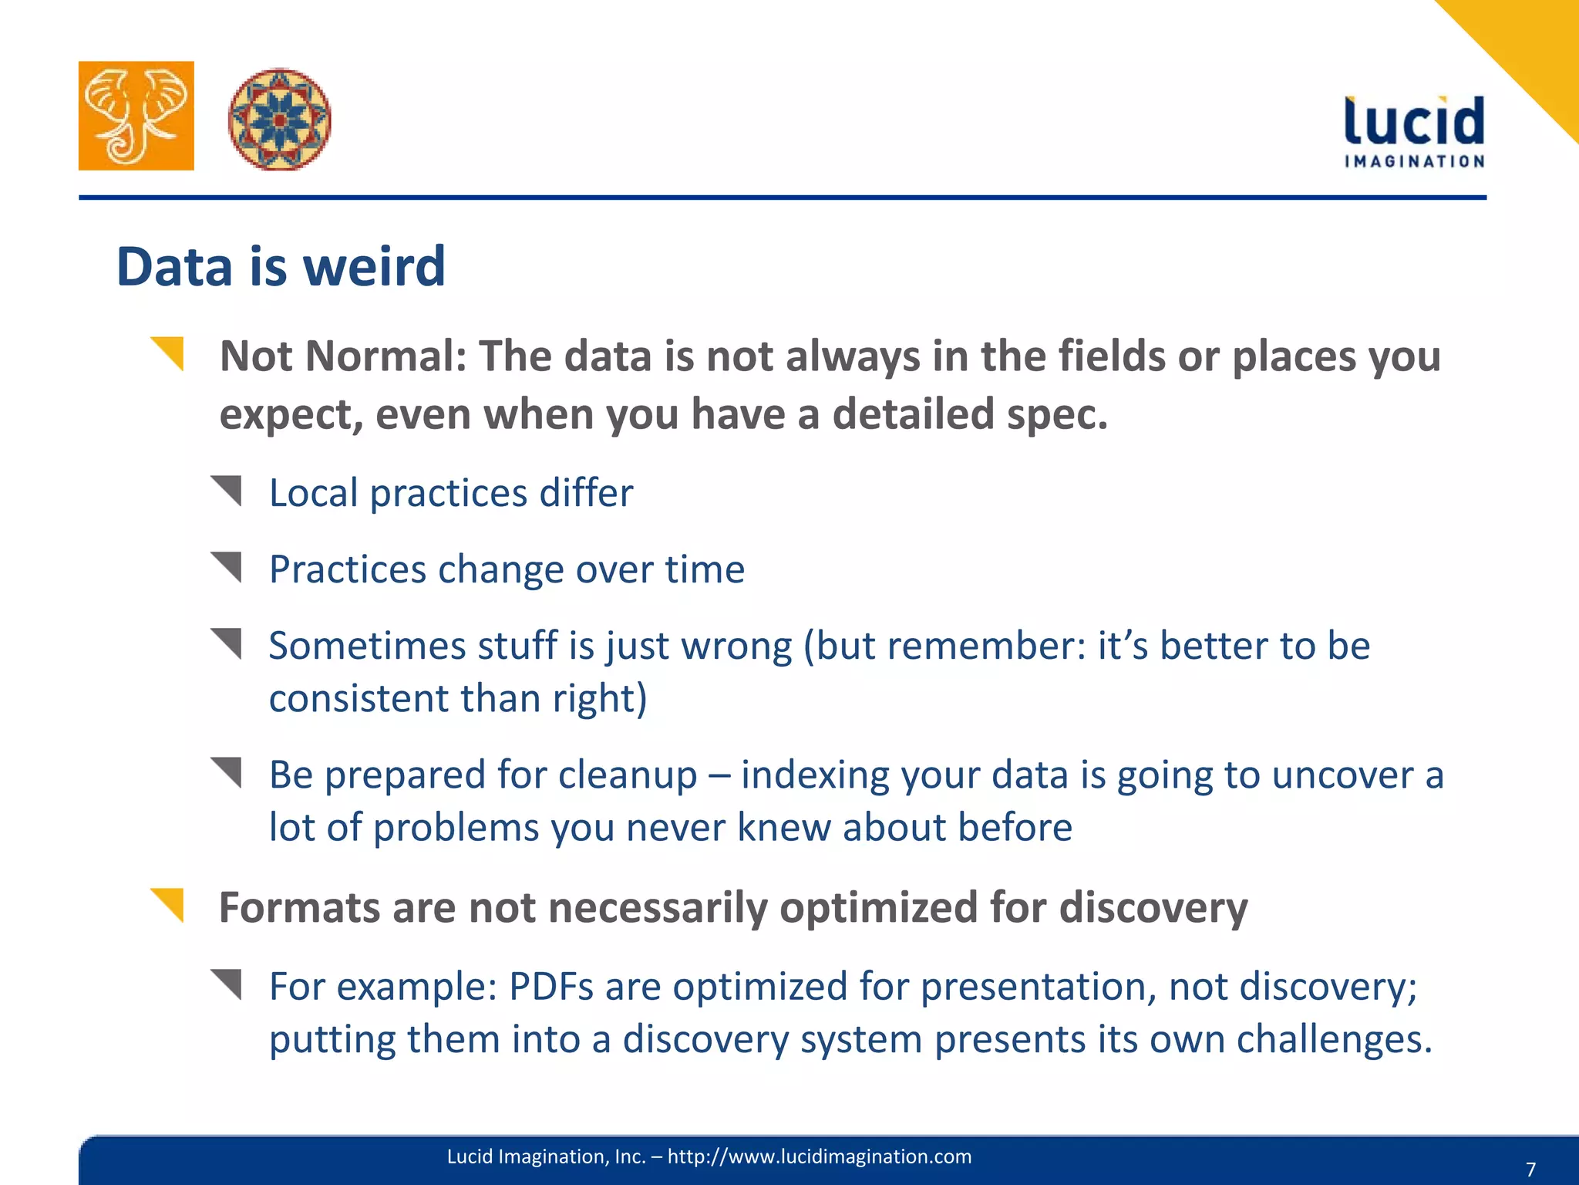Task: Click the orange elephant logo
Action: click(136, 116)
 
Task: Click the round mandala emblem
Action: click(280, 119)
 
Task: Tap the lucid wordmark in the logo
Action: click(1413, 122)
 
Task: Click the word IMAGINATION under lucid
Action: click(1414, 161)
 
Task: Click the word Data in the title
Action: click(174, 267)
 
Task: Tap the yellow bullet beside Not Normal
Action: click(167, 354)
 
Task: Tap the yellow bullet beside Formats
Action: click(167, 905)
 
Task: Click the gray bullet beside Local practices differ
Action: click(227, 491)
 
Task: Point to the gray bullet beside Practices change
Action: click(227, 567)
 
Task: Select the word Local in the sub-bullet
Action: click(313, 493)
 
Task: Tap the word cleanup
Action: click(628, 775)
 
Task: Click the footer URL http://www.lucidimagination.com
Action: click(819, 1156)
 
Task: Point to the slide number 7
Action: click(1530, 1169)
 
